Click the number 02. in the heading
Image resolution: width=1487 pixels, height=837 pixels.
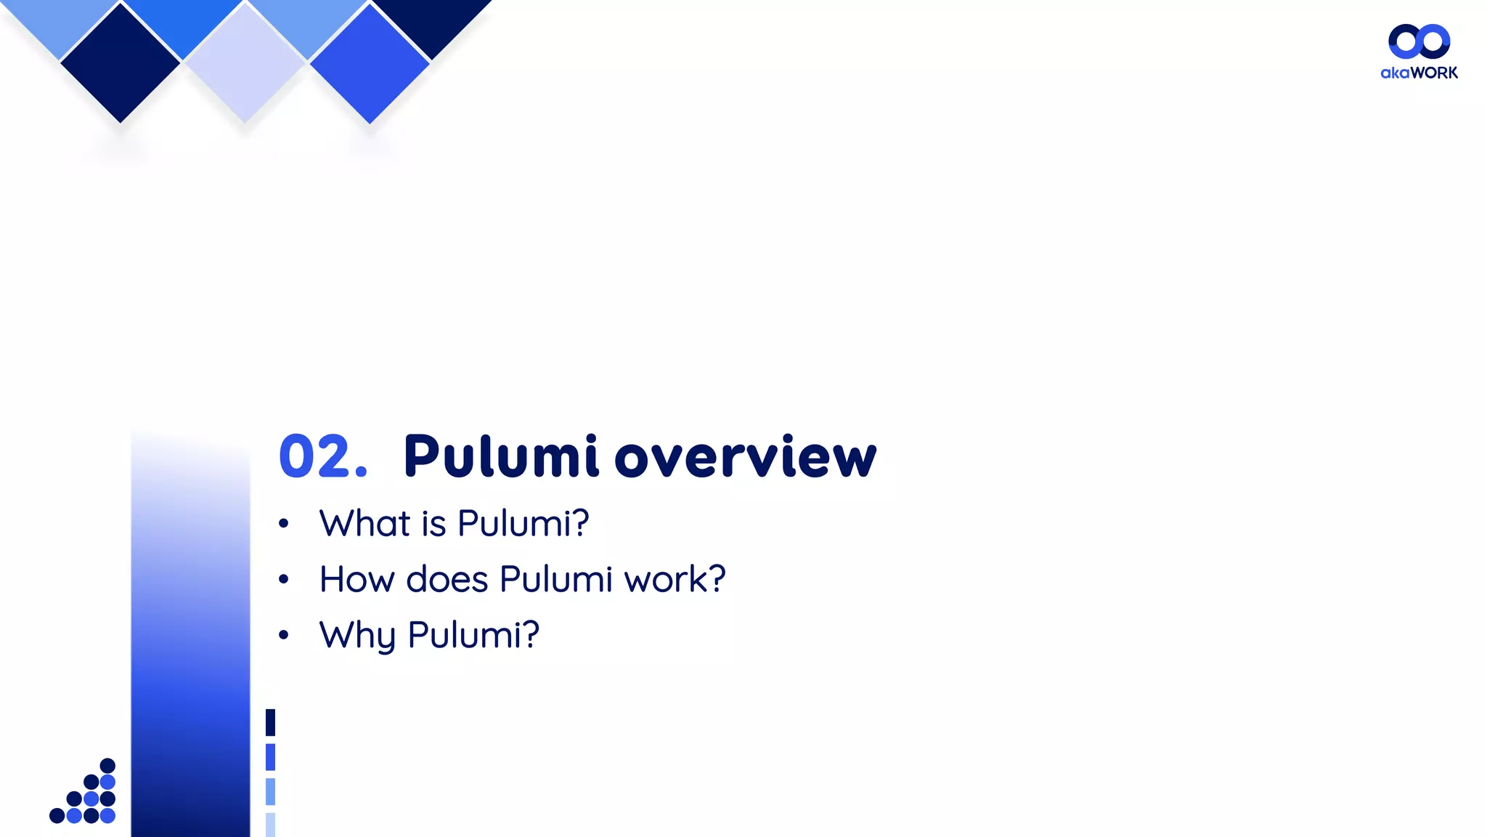[323, 457]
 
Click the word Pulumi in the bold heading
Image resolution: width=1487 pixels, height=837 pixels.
[501, 457]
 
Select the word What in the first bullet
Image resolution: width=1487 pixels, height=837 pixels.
[365, 524]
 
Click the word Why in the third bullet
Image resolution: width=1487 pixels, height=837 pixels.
[357, 636]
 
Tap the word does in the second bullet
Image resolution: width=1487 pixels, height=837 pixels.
[447, 580]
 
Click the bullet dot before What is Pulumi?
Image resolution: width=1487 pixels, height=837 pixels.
[284, 524]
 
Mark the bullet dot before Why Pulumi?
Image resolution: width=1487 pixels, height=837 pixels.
[284, 636]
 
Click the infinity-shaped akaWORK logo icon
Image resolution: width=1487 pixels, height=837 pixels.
[1419, 41]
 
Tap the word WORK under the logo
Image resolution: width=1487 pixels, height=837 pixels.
[1434, 73]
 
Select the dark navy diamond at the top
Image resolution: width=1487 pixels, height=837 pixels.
[121, 63]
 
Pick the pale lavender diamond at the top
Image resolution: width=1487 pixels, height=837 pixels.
[245, 63]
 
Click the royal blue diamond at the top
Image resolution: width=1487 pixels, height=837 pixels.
[370, 63]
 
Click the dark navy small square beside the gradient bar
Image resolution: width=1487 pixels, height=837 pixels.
[270, 722]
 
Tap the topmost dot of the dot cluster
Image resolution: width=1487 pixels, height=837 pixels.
[107, 765]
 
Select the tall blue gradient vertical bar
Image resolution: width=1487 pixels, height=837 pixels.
[190, 639]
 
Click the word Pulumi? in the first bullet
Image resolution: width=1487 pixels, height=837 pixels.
[523, 524]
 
